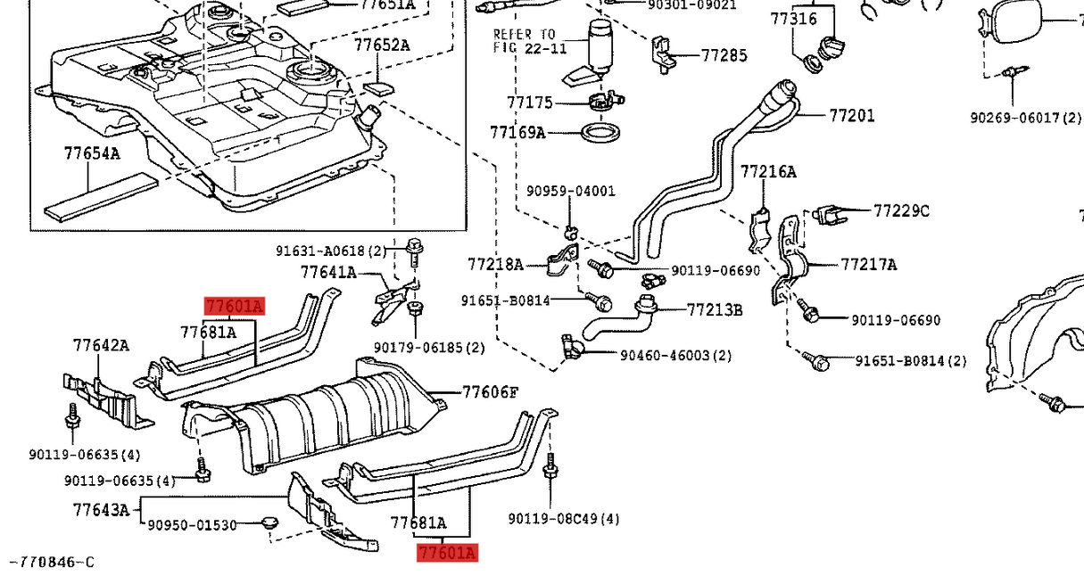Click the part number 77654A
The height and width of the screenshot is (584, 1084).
point(91,153)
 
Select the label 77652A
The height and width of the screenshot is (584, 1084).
point(381,45)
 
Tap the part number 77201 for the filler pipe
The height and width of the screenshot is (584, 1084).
point(852,115)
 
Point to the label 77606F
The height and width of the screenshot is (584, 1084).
point(490,391)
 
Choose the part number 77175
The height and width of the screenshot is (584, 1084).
point(530,103)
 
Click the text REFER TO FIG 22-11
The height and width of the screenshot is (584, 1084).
point(530,41)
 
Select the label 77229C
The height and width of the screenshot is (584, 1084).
point(901,210)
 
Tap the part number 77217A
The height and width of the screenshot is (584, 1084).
point(868,264)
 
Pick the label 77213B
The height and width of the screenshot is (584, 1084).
point(715,309)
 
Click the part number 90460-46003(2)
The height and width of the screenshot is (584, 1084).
point(675,355)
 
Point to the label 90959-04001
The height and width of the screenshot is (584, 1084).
point(570,191)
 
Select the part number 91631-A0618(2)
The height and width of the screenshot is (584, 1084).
point(331,251)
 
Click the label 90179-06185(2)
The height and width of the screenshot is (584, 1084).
point(430,347)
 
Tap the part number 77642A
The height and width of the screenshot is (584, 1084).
point(101,345)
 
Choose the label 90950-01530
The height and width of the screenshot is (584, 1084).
point(192,525)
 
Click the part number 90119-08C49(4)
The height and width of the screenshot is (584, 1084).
point(564,518)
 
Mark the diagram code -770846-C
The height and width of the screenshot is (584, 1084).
point(51,562)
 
